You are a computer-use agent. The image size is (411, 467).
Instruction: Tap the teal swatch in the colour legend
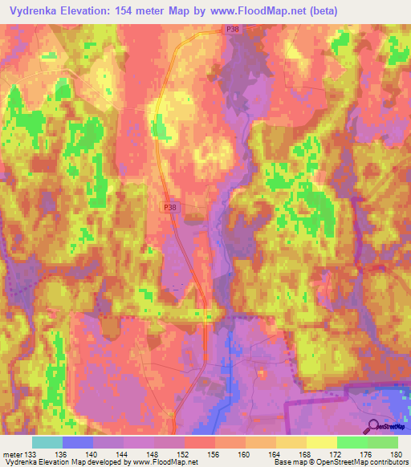pos(47,442)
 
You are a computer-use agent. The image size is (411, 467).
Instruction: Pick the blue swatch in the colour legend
pos(77,442)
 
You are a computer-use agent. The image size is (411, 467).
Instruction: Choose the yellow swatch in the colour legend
pos(321,442)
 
